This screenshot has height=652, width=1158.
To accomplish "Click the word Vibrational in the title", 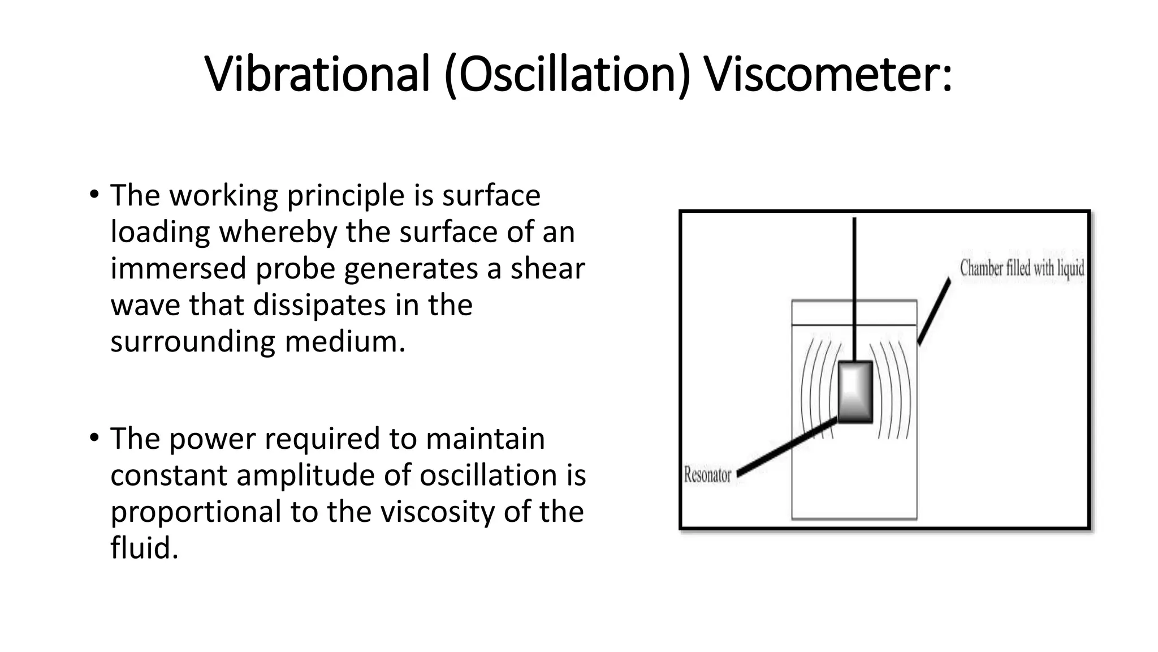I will click(317, 74).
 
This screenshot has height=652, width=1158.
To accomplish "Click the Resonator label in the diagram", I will click(707, 474).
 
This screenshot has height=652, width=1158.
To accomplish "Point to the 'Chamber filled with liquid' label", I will click(1022, 268).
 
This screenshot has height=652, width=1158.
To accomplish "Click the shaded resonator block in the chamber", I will click(855, 392).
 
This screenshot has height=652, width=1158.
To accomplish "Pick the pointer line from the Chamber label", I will click(934, 311).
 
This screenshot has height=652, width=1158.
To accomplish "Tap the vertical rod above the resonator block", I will click(854, 289).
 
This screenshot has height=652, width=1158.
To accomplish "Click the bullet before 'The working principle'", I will click(94, 195).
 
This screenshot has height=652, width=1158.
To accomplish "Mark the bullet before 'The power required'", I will click(94, 438).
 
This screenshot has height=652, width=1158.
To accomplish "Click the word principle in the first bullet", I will click(345, 196).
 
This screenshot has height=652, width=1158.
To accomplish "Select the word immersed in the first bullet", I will click(178, 268).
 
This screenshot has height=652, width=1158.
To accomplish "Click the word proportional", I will click(196, 512).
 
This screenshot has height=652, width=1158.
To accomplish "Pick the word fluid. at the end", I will click(144, 548).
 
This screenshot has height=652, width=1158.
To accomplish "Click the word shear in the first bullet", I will click(547, 268).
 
